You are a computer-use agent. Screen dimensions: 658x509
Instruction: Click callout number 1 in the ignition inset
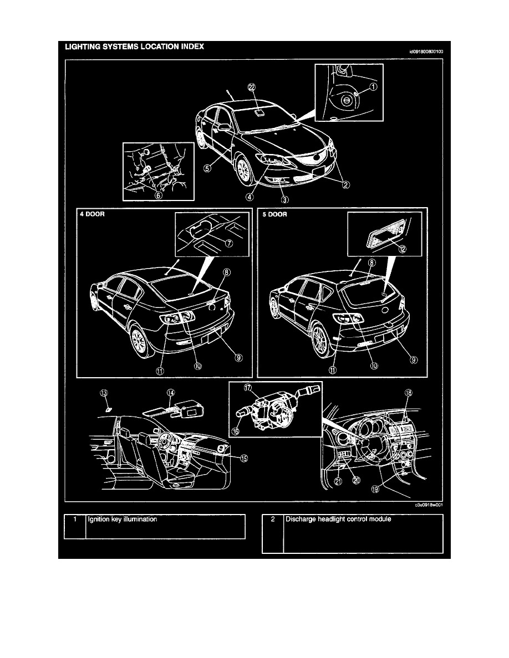(x=373, y=86)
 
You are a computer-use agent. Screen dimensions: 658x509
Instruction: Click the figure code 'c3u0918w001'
(x=429, y=505)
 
